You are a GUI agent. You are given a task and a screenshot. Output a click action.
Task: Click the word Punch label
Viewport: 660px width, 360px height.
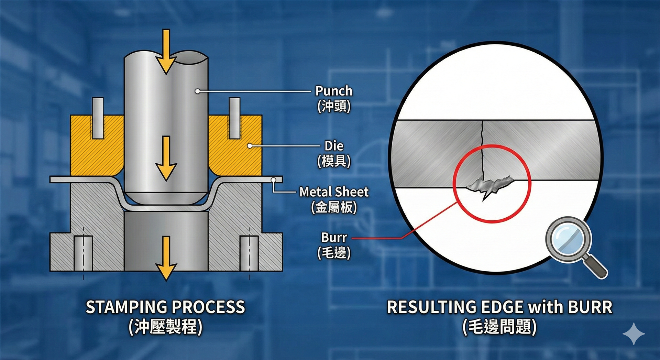point(334,91)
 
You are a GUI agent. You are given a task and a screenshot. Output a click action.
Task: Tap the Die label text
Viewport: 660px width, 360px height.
point(334,146)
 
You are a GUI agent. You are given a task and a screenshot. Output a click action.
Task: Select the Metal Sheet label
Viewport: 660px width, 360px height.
point(334,192)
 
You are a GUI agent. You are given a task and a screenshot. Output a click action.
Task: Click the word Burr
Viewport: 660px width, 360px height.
point(334,238)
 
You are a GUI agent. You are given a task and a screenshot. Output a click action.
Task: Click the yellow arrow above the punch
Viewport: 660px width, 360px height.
point(166,52)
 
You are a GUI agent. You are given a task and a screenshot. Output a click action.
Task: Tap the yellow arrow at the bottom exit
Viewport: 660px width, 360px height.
point(166,258)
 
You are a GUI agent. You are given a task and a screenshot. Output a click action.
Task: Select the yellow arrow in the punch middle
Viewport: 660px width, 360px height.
point(166,158)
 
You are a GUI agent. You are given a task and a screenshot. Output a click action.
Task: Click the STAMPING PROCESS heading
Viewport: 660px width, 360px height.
point(165,307)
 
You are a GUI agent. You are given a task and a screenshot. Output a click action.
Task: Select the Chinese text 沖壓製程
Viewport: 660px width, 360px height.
point(165,327)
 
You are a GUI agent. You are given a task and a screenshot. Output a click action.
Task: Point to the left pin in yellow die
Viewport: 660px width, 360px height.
point(98,118)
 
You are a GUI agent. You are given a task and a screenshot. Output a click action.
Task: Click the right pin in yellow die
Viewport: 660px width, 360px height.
point(234,118)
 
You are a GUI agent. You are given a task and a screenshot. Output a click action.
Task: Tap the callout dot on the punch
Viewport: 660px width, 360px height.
point(198,91)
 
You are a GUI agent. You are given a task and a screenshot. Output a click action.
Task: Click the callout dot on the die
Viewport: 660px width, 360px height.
point(250,146)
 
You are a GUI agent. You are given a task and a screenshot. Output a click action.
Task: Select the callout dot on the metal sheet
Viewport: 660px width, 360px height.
point(273,180)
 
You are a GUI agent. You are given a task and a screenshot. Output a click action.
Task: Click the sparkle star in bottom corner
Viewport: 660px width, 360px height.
point(634,334)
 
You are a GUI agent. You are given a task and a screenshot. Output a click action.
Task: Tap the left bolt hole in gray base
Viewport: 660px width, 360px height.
point(83,253)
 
